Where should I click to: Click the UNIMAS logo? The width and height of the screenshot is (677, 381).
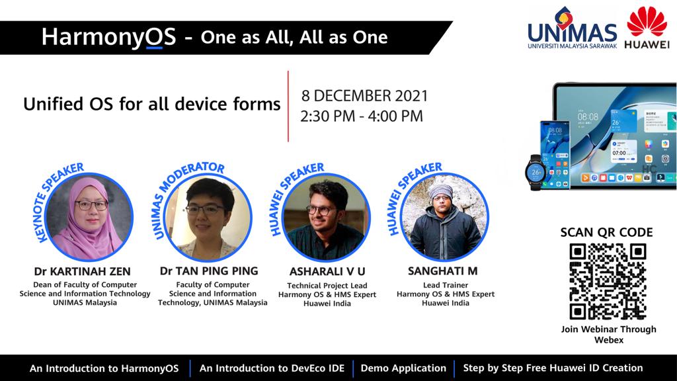tap(573, 28)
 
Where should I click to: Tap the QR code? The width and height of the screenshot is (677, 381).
tap(608, 282)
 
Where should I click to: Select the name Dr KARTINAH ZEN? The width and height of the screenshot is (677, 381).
tap(82, 271)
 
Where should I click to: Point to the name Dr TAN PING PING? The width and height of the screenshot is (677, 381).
tap(209, 271)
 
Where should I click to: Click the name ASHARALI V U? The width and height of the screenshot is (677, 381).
tap(327, 271)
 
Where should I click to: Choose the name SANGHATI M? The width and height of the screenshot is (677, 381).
tap(442, 271)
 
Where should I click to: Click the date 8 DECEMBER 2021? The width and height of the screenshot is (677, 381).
tap(364, 95)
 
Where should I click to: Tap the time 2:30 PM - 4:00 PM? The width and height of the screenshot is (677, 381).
tap(362, 116)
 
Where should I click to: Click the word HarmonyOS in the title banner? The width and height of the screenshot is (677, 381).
tap(109, 37)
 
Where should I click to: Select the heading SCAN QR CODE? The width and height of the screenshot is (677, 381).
tap(607, 232)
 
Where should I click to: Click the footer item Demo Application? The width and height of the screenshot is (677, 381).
tap(403, 368)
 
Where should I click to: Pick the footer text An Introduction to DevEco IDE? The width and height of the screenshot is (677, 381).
tap(272, 368)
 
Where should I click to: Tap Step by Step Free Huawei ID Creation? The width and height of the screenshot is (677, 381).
tap(553, 368)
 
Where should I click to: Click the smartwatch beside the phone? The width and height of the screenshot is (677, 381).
tap(536, 173)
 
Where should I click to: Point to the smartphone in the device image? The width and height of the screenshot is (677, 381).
tap(555, 155)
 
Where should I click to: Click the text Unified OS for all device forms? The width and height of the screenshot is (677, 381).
tap(152, 104)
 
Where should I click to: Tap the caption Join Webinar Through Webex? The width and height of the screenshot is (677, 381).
tap(608, 334)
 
